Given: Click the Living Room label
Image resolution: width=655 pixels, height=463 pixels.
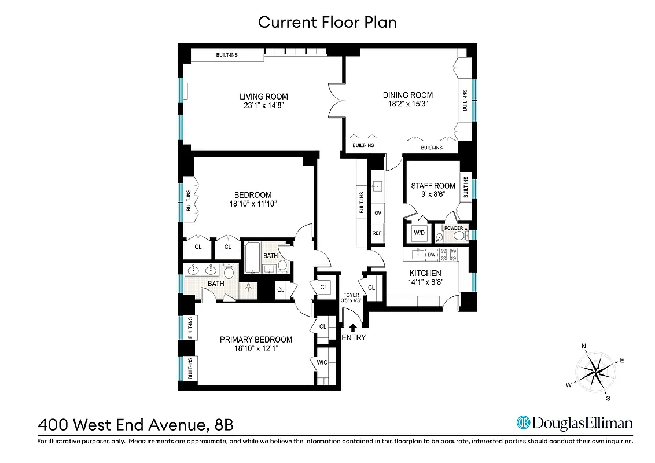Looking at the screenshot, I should click(x=264, y=97).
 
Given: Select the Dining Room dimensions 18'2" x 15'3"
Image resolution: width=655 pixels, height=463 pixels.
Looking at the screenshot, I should click(x=407, y=105).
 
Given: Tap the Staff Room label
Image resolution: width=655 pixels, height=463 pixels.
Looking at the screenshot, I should click(x=433, y=186).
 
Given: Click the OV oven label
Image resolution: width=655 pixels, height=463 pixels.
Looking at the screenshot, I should click(x=378, y=213).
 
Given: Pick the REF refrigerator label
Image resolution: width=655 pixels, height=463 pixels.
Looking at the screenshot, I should click(x=377, y=233).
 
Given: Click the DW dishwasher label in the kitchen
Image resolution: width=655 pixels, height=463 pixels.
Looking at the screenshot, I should click(x=431, y=253).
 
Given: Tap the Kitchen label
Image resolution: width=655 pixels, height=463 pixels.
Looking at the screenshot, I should click(x=425, y=273).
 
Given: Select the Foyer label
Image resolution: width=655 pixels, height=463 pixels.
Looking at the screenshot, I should click(x=351, y=295).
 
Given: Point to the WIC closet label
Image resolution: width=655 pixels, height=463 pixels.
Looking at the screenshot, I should click(x=322, y=363).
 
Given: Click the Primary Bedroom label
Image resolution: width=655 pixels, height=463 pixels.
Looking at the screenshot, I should click(x=256, y=340).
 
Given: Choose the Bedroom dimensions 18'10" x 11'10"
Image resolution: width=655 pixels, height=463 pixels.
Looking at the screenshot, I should click(x=253, y=204).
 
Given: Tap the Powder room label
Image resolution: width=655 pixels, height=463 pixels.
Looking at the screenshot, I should click(x=454, y=228).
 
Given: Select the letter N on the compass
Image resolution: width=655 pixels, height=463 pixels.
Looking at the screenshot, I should click(x=584, y=347).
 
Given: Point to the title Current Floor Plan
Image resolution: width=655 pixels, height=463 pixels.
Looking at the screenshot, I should click(x=327, y=22).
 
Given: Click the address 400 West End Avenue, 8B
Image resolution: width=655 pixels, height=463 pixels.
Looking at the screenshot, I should click(x=135, y=425).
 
